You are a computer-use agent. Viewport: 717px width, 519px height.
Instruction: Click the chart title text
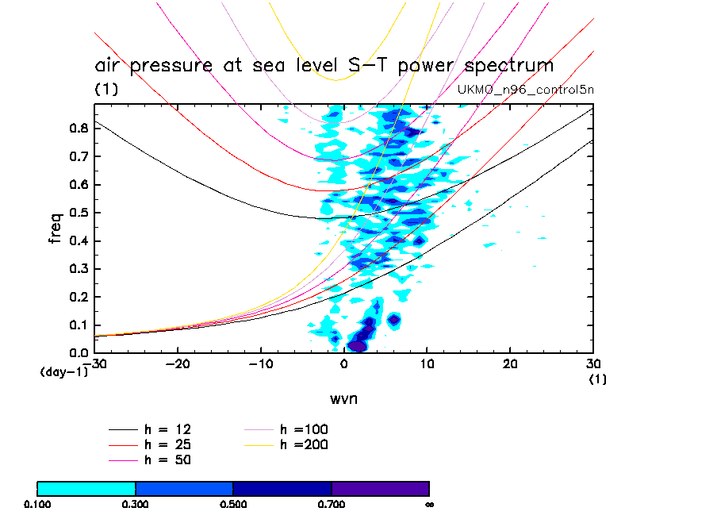(324, 65)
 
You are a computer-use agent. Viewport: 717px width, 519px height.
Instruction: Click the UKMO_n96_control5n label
(526, 90)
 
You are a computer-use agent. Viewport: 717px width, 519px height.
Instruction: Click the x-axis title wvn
(343, 398)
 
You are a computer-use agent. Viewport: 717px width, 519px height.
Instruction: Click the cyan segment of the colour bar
(86, 488)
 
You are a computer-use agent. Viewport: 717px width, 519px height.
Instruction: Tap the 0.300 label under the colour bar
(136, 504)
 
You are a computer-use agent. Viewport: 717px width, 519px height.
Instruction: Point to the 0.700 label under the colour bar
(332, 504)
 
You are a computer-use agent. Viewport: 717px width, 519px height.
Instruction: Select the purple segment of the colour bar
(380, 488)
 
